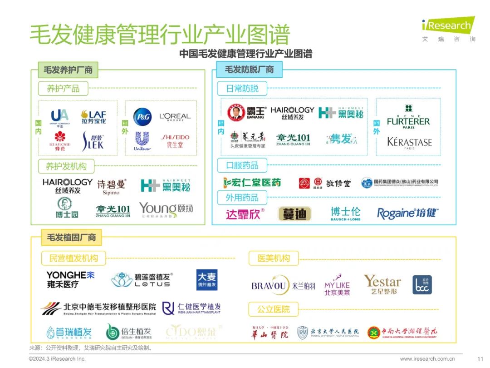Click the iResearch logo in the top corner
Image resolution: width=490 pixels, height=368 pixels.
pos(448,29)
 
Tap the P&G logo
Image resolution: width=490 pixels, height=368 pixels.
pos(142,117)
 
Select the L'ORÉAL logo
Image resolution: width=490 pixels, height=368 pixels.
pos(175,117)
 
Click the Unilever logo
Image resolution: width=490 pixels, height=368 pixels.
pos(142,141)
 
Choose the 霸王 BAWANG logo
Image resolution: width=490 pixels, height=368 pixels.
pos(246,113)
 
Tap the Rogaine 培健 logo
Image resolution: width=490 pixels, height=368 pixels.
pos(407,213)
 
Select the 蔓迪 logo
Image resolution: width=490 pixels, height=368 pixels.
pos(294,213)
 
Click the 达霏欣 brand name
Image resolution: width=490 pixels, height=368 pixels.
pos(245,214)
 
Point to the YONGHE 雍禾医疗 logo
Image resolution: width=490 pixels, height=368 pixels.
pos(70,279)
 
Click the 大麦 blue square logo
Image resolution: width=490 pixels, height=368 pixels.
pos(207,280)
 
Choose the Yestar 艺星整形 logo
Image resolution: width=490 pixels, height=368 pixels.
pos(382,284)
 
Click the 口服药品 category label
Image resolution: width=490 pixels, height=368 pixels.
pos(242,165)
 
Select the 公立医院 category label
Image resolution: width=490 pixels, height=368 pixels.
pos(274,309)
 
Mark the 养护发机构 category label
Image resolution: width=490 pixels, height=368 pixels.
pos(66,166)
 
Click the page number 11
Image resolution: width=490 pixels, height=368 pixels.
pos(480,358)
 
